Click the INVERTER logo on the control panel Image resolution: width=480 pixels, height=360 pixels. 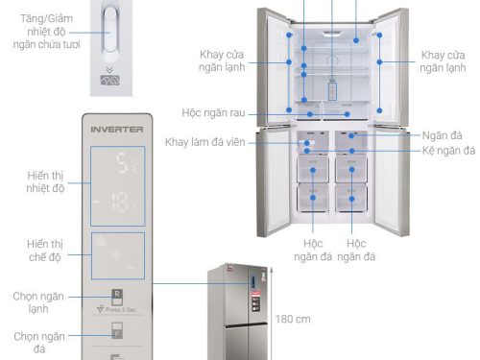[116, 128]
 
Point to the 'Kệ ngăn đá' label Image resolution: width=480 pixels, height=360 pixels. [448, 152]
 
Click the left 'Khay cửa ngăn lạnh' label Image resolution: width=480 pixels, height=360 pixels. [223, 60]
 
